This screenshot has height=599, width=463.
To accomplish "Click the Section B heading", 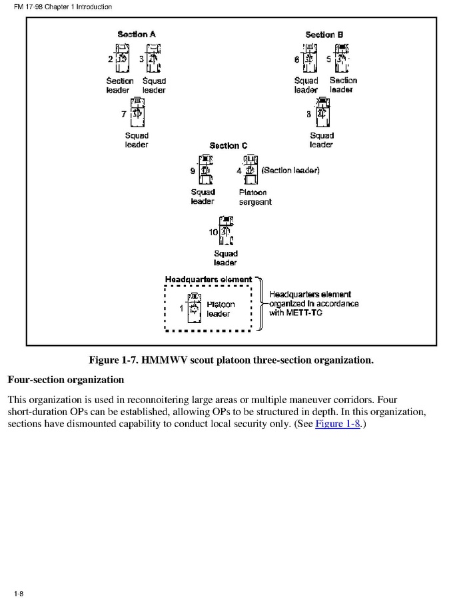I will [324, 34].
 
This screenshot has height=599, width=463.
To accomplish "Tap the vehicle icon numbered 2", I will [123, 59].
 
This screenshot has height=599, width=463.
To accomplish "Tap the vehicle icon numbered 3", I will [153, 59].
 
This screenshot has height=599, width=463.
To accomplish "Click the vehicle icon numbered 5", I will [342, 59].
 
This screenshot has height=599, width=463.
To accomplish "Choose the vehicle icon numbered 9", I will [205, 171].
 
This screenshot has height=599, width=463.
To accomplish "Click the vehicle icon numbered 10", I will [227, 231].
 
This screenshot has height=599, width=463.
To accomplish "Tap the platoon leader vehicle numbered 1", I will [193, 308].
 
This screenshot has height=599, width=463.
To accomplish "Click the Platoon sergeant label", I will [255, 197].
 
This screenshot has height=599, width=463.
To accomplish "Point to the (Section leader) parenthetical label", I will [290, 171].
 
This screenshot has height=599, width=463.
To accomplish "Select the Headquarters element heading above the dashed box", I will [209, 279].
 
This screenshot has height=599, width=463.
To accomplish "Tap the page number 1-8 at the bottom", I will [18, 592].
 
